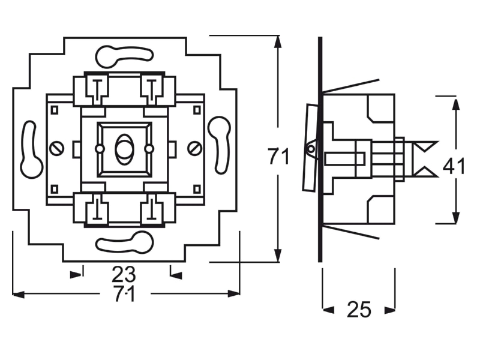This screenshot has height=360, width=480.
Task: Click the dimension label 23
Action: [124, 274]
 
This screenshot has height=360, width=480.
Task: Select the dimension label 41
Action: [454, 166]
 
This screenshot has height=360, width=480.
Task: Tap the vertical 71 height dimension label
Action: [278, 156]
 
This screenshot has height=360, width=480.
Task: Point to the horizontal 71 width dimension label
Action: [124, 293]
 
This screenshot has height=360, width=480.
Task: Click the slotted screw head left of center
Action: [56, 149]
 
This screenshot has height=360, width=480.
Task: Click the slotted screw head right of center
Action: [194, 149]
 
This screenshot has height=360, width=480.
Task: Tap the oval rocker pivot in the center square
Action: [124, 149]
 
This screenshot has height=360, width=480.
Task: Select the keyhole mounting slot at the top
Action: [124, 56]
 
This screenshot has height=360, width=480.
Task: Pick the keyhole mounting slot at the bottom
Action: [124, 242]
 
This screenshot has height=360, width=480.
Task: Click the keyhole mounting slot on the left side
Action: [32, 149]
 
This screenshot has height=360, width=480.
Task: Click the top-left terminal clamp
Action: [97, 89]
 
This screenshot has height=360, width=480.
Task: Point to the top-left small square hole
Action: [55, 110]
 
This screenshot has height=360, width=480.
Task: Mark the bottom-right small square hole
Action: [197, 188]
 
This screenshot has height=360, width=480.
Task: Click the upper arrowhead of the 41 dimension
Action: [456, 105]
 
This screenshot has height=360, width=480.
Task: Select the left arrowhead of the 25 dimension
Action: [328, 310]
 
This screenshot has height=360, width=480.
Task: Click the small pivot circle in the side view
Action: [311, 149]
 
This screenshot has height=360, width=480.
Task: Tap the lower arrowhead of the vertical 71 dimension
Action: [278, 256]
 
